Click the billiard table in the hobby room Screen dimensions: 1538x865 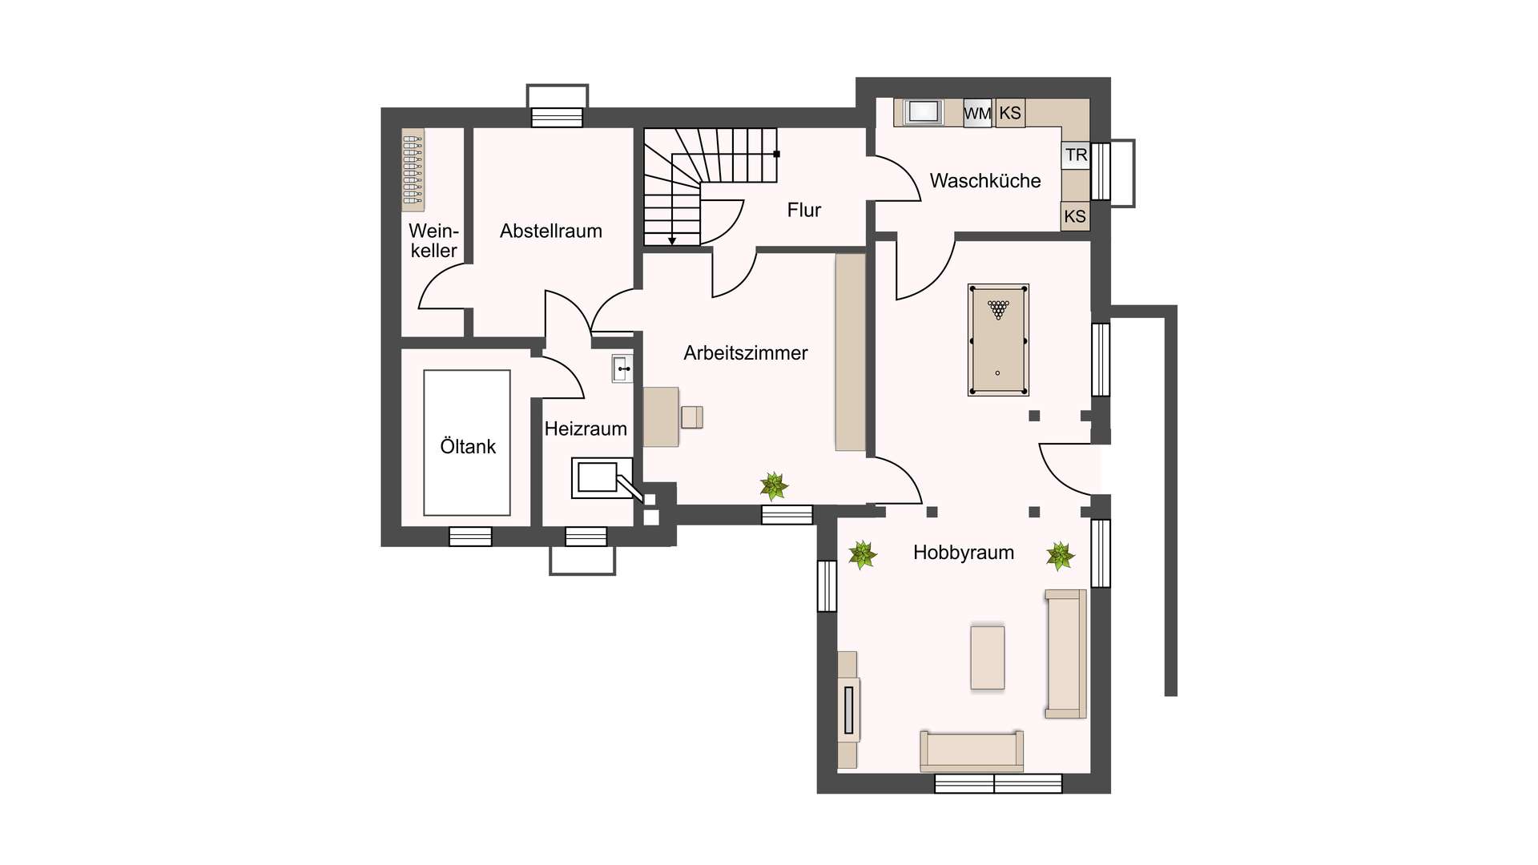pos(998,340)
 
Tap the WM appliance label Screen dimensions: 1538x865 pos(977,114)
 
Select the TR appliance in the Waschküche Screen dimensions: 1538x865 pos(1076,155)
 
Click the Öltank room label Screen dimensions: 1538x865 pos(468,446)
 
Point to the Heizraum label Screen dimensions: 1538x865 pos(586,428)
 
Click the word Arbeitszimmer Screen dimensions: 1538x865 pos(746,353)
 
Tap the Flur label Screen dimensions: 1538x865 pos(804,210)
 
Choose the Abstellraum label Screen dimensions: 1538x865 pos(551,231)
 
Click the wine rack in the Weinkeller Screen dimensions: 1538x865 pos(413,170)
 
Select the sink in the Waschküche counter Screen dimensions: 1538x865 pos(924,112)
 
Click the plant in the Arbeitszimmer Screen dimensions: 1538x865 pos(774,485)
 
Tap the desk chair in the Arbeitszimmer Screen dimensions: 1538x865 pos(692,417)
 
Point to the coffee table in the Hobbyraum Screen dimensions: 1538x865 pos(988,658)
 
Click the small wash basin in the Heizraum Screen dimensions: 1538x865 pos(622,368)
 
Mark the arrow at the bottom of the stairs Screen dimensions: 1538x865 pos(672,238)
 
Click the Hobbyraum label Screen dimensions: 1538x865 pos(964,553)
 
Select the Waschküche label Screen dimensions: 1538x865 pos(985,181)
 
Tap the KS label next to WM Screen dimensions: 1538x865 pos(1010,113)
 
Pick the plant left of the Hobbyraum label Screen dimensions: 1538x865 pos(863,554)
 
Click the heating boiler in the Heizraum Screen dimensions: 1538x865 pos(602,478)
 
